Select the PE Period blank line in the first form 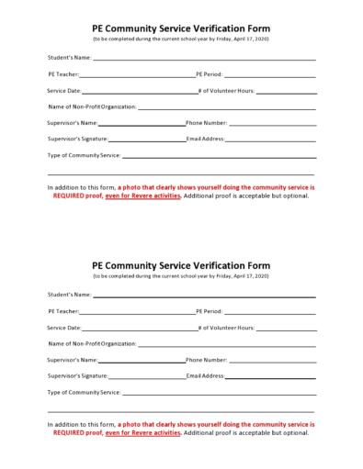pos(270,75)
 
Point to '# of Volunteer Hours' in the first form pos(226,91)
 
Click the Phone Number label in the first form pos(207,122)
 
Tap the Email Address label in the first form pos(206,139)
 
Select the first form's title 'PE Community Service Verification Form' pos(181,28)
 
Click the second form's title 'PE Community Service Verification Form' pos(181,265)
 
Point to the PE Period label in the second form pos(210,311)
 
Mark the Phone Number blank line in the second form pos(273,360)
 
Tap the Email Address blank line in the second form pos(271,376)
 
